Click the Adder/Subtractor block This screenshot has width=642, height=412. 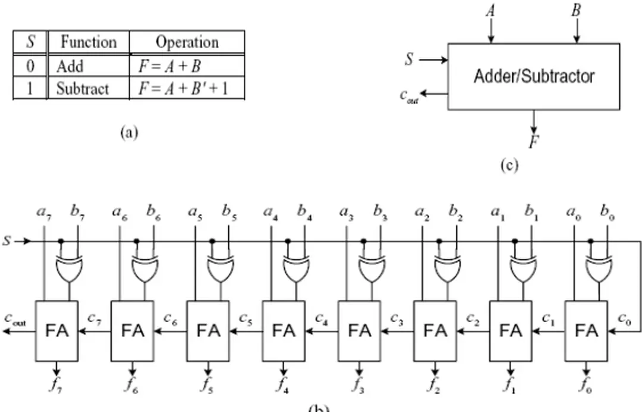533,76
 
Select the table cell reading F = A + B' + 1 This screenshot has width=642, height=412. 187,89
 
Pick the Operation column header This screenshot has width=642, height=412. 187,42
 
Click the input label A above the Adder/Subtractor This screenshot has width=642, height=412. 490,11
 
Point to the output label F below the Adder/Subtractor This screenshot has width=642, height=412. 534,142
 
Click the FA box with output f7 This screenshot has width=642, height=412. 56,330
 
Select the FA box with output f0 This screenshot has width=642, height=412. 586,330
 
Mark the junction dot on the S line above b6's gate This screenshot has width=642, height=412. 137,241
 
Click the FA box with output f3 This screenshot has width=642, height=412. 359,330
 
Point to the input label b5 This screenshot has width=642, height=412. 230,211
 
